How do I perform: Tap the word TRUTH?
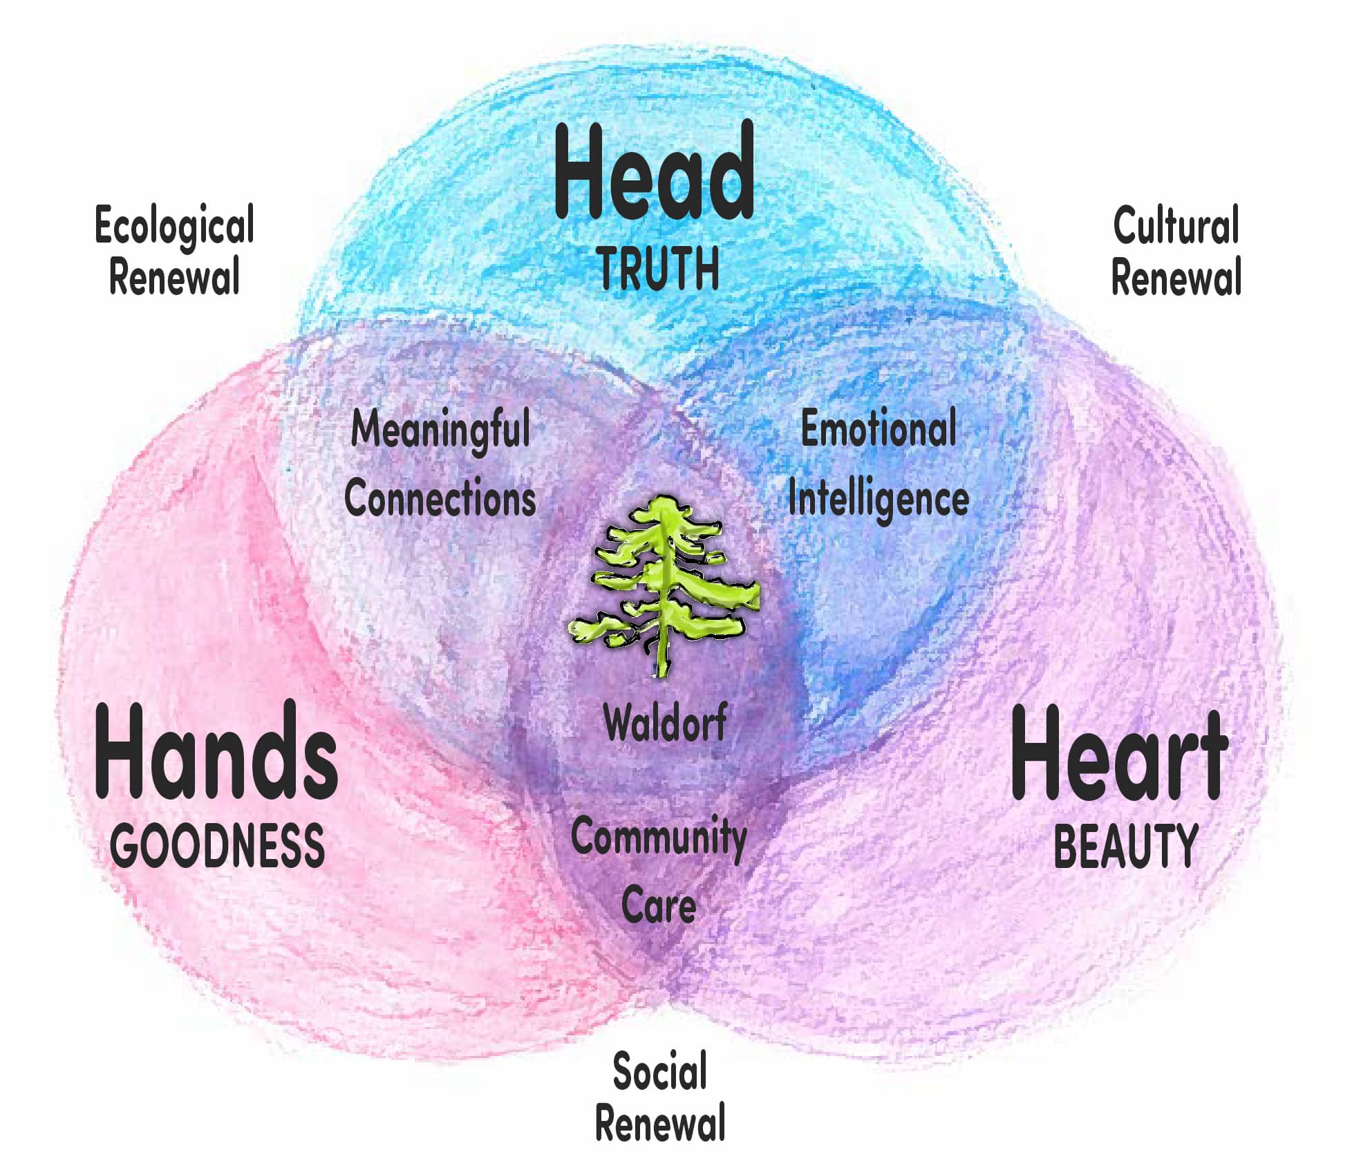point(659,269)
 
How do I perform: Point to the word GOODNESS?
point(217,845)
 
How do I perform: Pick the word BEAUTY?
point(1125,846)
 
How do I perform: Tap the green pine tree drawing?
point(664,585)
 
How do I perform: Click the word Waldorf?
point(665,722)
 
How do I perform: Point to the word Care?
point(659,905)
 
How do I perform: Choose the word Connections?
point(440,498)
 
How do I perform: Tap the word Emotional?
point(879,428)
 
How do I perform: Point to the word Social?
point(660,1071)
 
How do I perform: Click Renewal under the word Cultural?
point(1176,277)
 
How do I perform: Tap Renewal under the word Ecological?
point(174,277)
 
